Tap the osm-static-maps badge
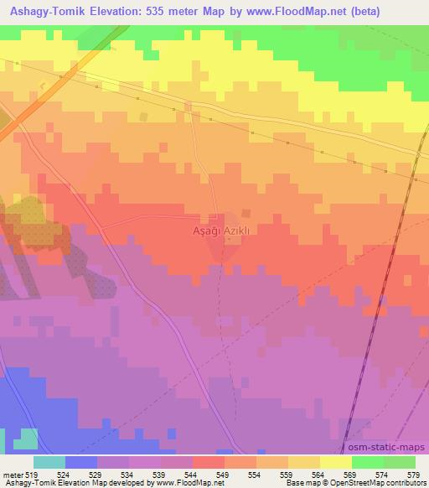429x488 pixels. (394, 449)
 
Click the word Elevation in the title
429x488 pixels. (114, 12)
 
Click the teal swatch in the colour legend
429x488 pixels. (49, 461)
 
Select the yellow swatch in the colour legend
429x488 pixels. (336, 461)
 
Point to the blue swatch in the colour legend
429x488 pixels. (81, 461)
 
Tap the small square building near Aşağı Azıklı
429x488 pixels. (246, 212)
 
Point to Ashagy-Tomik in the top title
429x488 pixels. (42, 12)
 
